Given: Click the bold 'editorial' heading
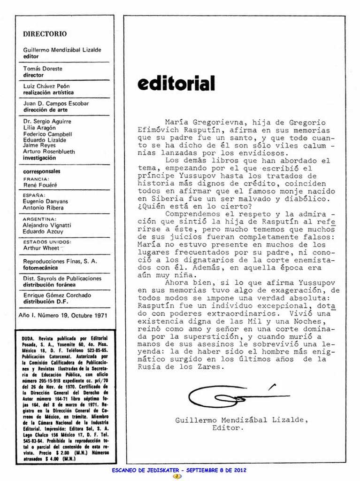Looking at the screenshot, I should tap(176, 84).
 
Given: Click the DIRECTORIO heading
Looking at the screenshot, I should tap(45, 34).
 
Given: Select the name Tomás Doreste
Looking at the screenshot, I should tap(43, 69).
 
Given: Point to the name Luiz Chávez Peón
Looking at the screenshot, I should tap(46, 86).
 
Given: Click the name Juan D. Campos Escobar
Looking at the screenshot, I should tap(56, 103).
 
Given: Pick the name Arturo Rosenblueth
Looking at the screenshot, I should tap(49, 152).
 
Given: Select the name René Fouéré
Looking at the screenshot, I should tap(40, 185).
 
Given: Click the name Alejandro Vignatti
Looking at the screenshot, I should tap(47, 225).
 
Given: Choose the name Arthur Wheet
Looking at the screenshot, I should tap(41, 248).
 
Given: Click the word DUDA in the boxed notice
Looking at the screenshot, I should tap(30, 338).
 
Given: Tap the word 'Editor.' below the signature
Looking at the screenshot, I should tap(228, 428).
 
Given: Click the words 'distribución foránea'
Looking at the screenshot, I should tap(49, 285).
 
